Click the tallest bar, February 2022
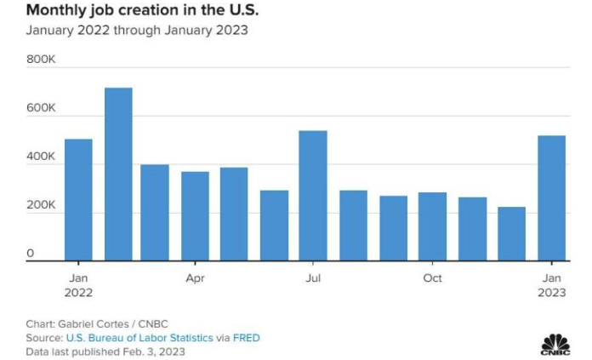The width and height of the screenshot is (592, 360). pos(118,174)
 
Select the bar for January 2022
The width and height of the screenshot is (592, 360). pos(78,200)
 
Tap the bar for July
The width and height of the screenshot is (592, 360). pos(313,196)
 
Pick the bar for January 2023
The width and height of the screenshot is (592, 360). pos(551,198)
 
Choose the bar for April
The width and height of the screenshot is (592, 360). pos(195,216)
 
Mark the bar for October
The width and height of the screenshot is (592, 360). pos(432,226)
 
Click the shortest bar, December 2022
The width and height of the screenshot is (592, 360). pos(511,234)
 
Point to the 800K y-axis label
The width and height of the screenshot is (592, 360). pos(41,60)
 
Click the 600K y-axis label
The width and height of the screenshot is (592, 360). pos(41,108)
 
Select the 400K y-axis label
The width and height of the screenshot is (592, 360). pos(41,157)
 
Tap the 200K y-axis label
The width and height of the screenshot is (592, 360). pos(41,205)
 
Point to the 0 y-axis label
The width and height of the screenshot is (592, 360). pos(30,254)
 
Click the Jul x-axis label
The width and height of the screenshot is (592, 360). pos(314,277)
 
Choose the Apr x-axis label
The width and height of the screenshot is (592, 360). pos(195,277)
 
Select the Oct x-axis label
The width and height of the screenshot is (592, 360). pos(432,277)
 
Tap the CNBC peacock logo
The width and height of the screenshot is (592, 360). pos(555,341)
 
